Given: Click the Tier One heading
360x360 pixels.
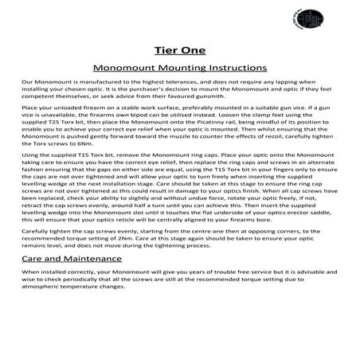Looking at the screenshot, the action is pyautogui.click(x=179, y=51).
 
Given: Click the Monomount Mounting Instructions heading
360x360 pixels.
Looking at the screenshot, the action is pyautogui.click(x=179, y=68).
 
